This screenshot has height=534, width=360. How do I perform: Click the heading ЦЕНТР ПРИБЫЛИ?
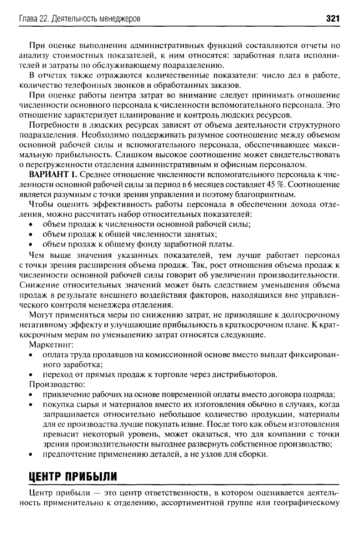pyautogui.click(x=72, y=475)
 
